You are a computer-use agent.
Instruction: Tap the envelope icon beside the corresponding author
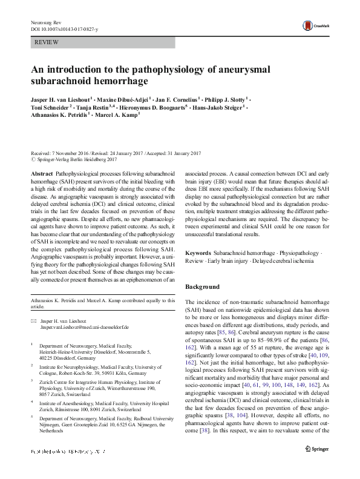[34, 320]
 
